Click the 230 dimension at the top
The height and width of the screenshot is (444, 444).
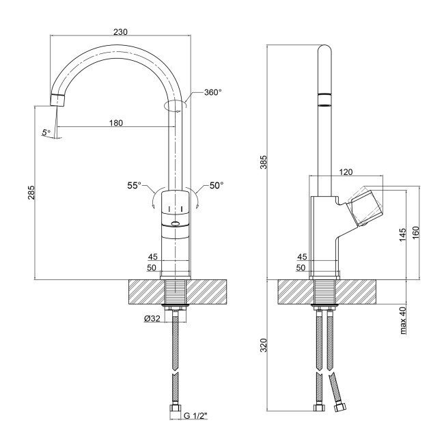click(120, 31)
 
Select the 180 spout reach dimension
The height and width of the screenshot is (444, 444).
click(115, 123)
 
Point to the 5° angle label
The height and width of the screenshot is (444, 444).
click(46, 133)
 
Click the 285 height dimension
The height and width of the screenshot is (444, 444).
click(31, 195)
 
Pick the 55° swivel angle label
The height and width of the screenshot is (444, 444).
click(134, 185)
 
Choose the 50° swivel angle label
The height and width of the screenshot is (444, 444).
click(217, 185)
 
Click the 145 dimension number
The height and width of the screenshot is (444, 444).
click(402, 234)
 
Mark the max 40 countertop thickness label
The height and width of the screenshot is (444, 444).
click(403, 320)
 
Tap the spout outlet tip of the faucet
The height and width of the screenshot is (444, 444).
click(57, 100)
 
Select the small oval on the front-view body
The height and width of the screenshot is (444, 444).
click(176, 223)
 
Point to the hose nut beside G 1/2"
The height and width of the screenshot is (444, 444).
click(176, 413)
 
